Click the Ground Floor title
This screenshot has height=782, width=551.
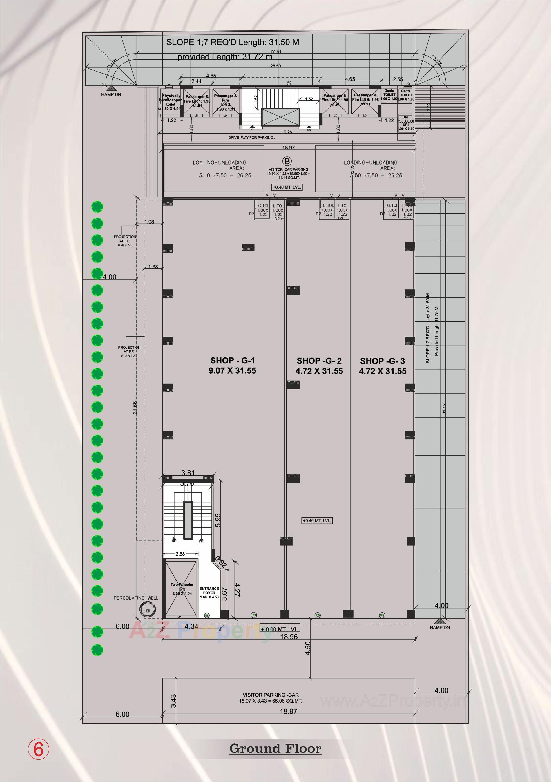275,749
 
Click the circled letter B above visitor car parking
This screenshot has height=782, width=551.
287,161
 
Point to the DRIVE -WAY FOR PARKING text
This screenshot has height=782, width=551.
251,138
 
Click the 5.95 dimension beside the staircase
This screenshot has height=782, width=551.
218,520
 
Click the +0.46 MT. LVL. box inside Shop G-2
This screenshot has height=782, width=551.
317,520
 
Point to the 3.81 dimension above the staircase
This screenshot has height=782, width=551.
188,473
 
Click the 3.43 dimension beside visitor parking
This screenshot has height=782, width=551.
173,701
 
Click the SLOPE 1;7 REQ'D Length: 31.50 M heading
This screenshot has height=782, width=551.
233,43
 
